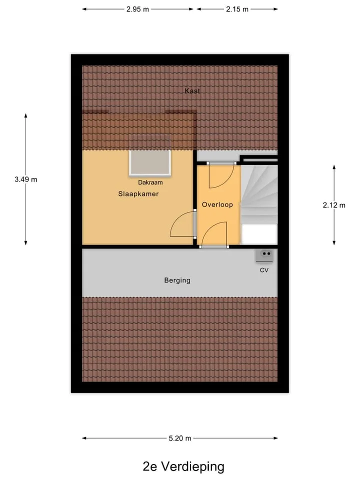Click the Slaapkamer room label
[x=138, y=194]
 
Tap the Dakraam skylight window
[x=150, y=163]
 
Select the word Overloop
[x=217, y=204]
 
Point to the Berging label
[x=177, y=280]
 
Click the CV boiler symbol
[x=264, y=256]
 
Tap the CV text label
[x=264, y=270]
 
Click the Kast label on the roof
[x=192, y=90]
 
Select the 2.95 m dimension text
[x=138, y=9]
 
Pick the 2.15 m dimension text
[x=237, y=9]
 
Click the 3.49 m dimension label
[x=26, y=179]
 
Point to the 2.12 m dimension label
[x=334, y=205]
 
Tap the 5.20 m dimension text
[x=180, y=438]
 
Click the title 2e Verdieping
[x=183, y=466]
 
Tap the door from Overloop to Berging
[x=214, y=234]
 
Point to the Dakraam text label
[x=150, y=182]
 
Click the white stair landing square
[x=259, y=234]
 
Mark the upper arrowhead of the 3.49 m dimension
[x=25, y=115]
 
